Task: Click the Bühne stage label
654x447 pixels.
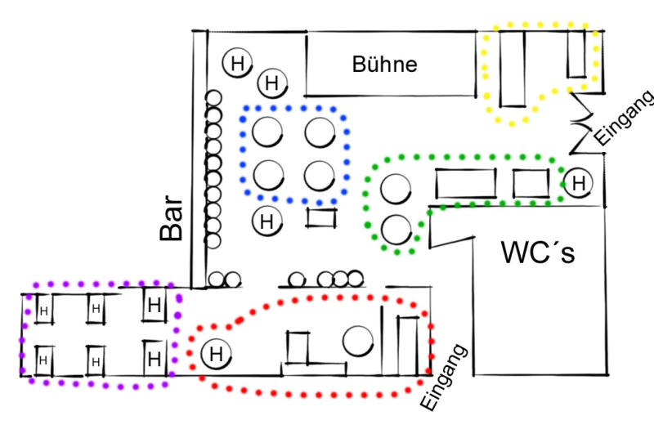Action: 384,65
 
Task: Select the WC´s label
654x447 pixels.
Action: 538,253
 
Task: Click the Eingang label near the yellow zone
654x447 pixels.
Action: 625,118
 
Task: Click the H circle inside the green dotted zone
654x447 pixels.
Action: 578,183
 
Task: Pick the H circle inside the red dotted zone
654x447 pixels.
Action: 216,354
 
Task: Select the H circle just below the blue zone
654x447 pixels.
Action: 266,221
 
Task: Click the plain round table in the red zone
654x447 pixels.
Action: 358,340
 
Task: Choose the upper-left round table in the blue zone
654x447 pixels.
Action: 267,131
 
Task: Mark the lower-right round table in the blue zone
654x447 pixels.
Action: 319,174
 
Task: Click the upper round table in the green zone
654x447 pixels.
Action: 396,190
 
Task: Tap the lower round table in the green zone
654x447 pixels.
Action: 396,230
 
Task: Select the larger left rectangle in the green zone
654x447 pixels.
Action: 466,183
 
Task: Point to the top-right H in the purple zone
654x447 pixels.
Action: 153,306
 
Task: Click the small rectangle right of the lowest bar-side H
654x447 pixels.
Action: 321,217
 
